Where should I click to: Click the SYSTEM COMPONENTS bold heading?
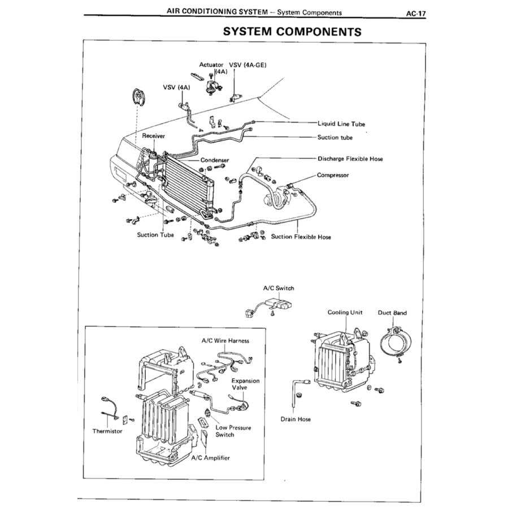tap(292, 32)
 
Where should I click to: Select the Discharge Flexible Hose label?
tap(350, 159)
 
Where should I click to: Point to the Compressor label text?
tap(333, 175)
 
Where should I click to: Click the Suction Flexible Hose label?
tap(301, 237)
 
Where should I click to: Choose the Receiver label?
tap(154, 136)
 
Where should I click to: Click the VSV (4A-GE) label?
tap(247, 65)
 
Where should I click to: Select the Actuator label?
tap(211, 65)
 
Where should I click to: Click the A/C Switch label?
tap(279, 288)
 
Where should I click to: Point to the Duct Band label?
tap(392, 312)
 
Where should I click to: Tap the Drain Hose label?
tap(296, 419)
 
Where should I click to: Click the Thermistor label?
tap(107, 431)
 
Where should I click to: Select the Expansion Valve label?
tap(246, 384)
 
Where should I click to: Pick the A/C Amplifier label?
tap(211, 457)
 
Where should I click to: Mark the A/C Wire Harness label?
tap(225, 341)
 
